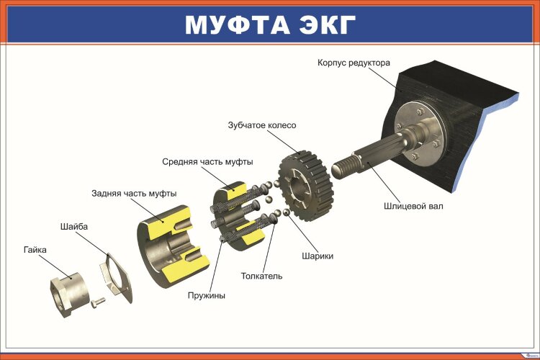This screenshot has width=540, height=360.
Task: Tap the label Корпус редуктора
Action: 354,63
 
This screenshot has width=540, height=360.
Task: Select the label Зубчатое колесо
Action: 262,125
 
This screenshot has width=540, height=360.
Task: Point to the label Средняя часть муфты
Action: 207,161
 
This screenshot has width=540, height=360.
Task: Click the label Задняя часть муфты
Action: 134,193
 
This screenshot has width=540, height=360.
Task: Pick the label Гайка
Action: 35,250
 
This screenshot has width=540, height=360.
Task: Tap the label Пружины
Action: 206,295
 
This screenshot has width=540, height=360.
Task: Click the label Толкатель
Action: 261,276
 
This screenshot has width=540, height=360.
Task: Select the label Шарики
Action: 317,256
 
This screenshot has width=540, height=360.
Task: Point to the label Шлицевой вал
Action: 413,206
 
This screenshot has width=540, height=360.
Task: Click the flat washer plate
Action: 116,277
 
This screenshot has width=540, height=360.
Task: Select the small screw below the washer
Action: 97,302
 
